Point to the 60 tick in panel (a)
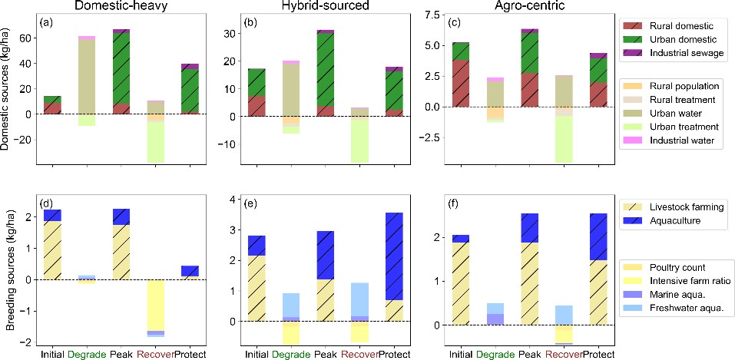tap(25, 38)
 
